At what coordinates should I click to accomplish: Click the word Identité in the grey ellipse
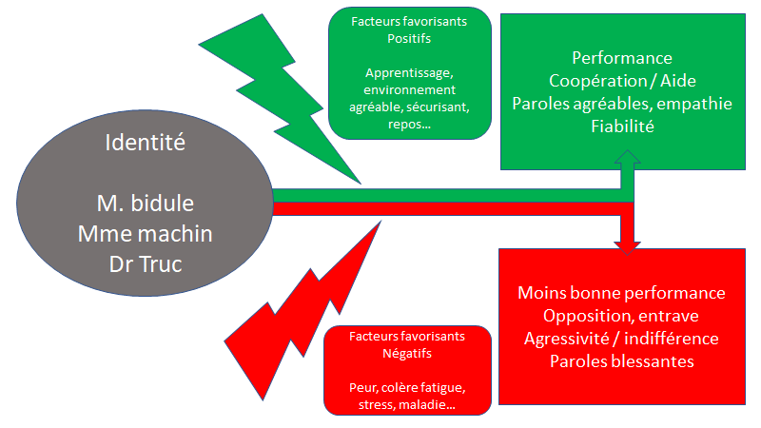146,146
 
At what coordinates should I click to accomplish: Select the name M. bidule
146,204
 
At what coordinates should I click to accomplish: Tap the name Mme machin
146,233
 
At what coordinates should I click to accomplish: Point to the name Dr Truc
146,263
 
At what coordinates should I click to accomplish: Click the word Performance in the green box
622,58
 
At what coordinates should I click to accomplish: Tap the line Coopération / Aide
622,81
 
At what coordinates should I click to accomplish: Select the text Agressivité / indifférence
621,339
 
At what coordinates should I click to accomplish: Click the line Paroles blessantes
621,361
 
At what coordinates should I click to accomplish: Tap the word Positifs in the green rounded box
409,39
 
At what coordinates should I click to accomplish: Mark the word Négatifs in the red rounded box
407,354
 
